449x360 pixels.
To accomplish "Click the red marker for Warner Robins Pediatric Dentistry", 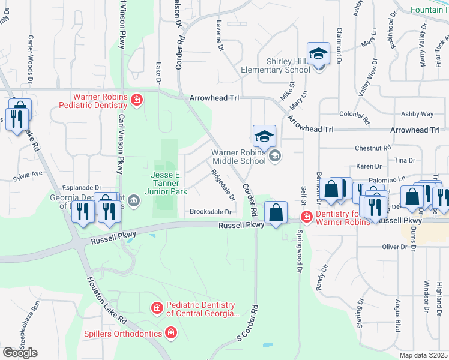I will pyautogui.click(x=137, y=100).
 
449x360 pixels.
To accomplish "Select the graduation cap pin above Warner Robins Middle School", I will pyautogui.click(x=264, y=136).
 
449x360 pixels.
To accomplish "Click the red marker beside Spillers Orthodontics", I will pyautogui.click(x=172, y=333).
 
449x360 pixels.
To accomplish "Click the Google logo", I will pyautogui.click(x=20, y=352).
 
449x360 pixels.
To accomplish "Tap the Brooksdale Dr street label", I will pyautogui.click(x=211, y=212).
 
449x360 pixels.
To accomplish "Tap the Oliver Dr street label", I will pyautogui.click(x=395, y=247).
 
